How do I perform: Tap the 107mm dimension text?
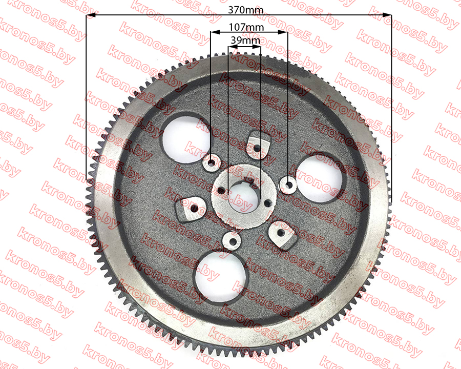pyautogui.click(x=246, y=27)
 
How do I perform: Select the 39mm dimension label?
pyautogui.click(x=245, y=40)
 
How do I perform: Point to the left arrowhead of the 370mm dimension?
pyautogui.click(x=90, y=15)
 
